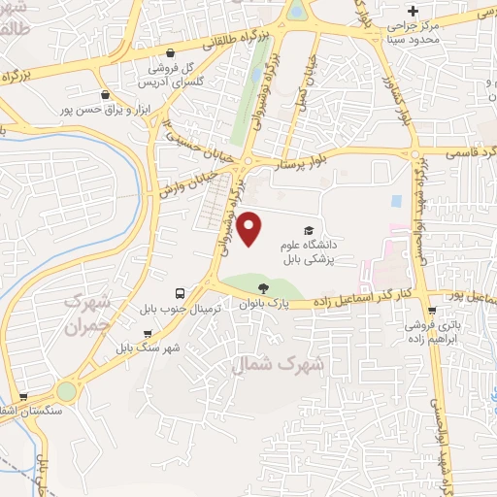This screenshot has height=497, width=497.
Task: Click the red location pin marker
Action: point(250,229)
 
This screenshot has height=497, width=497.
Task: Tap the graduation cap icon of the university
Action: point(309,230)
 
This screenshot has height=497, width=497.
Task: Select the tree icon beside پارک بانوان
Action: point(263,286)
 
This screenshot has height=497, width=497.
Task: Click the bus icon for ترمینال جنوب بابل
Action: point(180,292)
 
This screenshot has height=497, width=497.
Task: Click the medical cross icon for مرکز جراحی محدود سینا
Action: point(413,10)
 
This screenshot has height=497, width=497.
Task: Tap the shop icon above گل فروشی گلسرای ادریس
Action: point(171,53)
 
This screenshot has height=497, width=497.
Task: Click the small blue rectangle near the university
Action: point(394,202)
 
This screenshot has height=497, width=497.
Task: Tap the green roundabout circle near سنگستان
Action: point(66,391)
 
